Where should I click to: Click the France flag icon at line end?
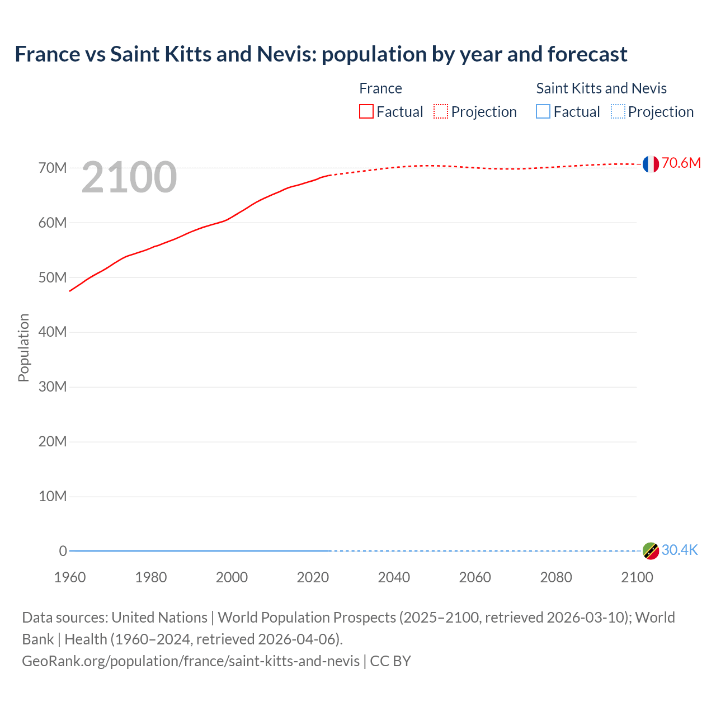coord(651,164)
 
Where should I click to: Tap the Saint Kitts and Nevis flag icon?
coord(651,551)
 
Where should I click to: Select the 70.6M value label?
coord(681,163)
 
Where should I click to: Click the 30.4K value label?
coord(680,550)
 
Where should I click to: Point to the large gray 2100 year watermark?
coord(129,177)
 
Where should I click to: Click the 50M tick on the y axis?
coord(53,277)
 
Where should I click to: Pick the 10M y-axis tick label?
coord(53,496)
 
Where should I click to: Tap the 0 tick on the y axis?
coord(63,551)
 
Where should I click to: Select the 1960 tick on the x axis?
coord(70,577)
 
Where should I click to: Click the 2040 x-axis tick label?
coord(394,577)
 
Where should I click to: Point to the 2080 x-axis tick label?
coord(556,577)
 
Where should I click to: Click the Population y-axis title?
coord(23,347)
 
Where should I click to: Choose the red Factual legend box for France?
coord(366,112)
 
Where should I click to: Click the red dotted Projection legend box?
coord(441,112)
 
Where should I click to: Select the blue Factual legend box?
coord(543,112)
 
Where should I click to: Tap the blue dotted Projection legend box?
coord(618,112)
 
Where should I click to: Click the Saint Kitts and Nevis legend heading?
coord(601,88)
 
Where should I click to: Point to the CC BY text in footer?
coord(390,661)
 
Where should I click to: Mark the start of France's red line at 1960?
coord(70,291)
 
